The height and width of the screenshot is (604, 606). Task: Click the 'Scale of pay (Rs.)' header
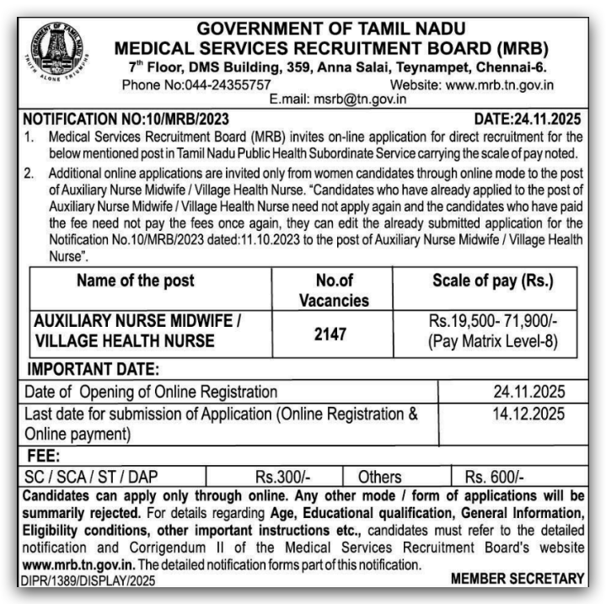pos(492,281)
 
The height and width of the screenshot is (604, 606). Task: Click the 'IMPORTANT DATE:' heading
pos(93,369)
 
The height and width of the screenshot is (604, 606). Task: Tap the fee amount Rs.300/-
pos(279,477)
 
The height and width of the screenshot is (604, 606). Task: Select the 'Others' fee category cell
pos(379,477)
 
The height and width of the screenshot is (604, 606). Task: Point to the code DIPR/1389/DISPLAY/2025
pos(89,580)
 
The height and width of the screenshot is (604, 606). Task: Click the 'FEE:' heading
pos(42,456)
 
